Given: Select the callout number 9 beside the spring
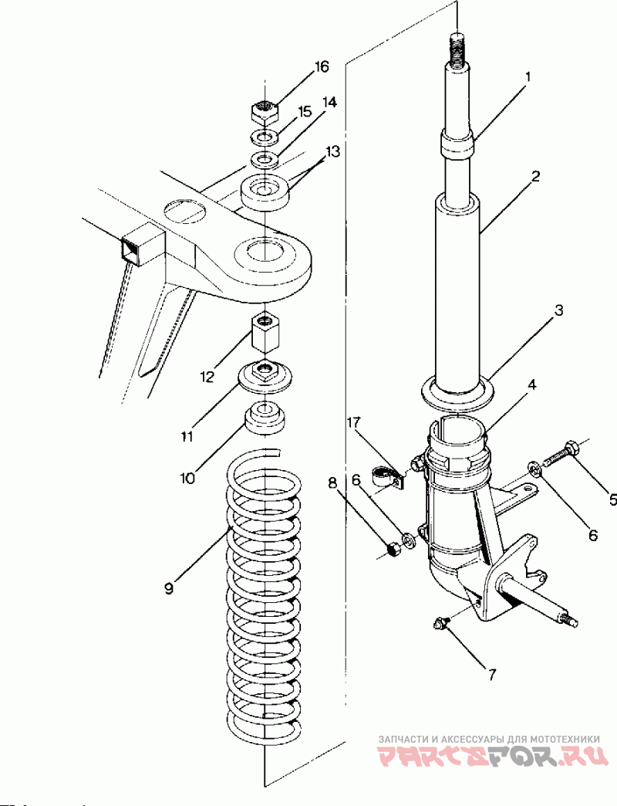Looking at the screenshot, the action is coord(168,588).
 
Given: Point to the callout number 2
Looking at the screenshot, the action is coord(534,176).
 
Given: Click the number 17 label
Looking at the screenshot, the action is coord(353,423).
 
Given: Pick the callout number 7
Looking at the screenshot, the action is coord(491,674).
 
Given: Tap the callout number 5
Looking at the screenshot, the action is coord(612,500).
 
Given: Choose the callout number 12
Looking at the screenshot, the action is coord(207,378).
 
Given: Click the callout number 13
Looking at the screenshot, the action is coord(332,152).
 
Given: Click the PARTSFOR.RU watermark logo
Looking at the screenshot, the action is coord(493,755).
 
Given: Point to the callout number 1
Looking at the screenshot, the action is coord(528,77).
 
